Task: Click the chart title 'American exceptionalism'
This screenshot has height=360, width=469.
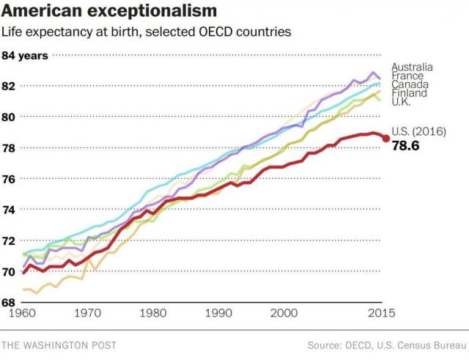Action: point(110,11)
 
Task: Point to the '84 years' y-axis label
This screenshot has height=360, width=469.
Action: point(26,56)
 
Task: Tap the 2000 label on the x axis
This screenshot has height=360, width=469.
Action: point(282,313)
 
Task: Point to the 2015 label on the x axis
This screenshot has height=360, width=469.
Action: point(380,313)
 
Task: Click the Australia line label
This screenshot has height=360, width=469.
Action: point(412,67)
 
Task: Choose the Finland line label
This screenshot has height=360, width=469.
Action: point(407,93)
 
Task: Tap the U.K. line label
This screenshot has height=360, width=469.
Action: point(402,102)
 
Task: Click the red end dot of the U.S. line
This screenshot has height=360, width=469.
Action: point(385,138)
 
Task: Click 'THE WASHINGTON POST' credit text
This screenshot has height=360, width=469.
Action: point(59,344)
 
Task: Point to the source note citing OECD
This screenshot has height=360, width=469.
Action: point(385,344)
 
